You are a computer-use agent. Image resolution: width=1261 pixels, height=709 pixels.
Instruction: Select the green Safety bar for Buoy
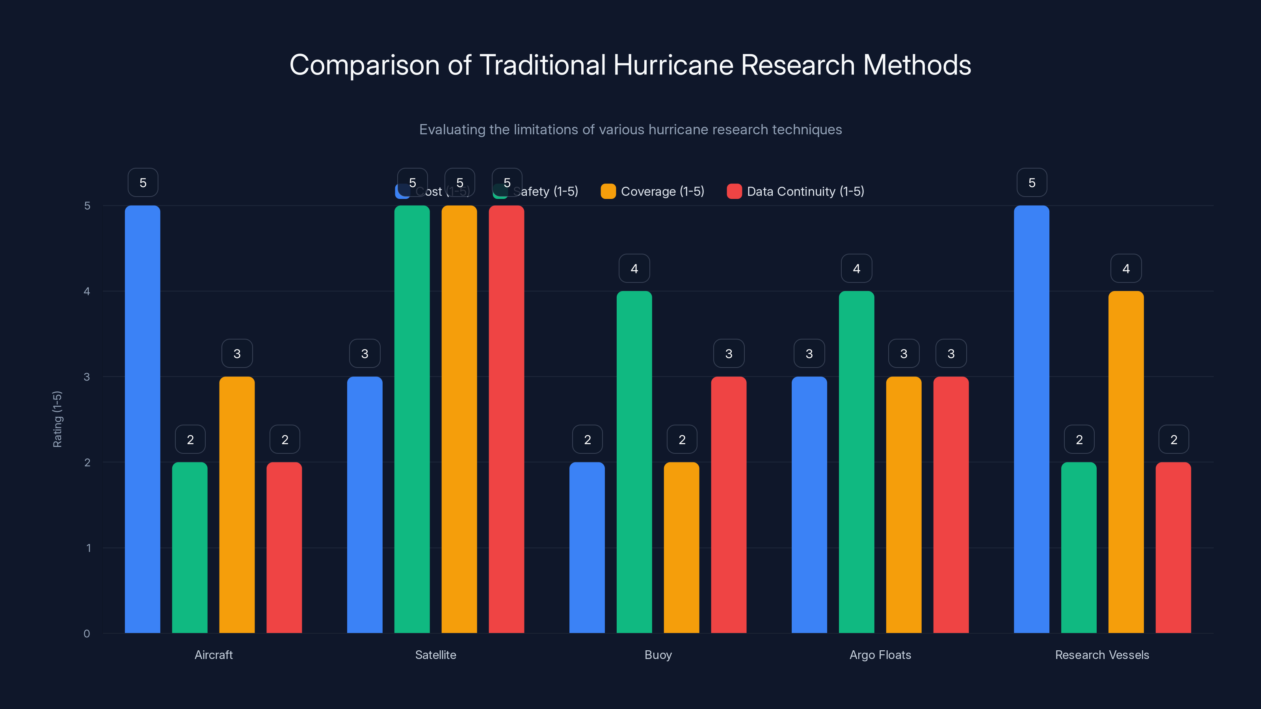pyautogui.click(x=634, y=462)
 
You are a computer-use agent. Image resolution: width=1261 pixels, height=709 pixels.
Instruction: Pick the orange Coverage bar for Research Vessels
pyautogui.click(x=1126, y=462)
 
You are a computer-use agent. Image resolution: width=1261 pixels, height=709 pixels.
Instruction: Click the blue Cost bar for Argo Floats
pyautogui.click(x=809, y=505)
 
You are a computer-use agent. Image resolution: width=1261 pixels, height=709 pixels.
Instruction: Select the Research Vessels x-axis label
pyautogui.click(x=1101, y=655)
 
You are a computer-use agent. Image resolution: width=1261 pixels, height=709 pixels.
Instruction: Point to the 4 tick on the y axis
pyautogui.click(x=87, y=291)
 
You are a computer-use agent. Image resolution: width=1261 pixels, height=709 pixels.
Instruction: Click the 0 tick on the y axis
pyautogui.click(x=87, y=634)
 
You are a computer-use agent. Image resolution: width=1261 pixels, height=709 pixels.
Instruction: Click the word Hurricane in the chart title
pyautogui.click(x=673, y=65)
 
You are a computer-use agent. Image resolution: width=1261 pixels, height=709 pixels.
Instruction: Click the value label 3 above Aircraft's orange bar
pyautogui.click(x=237, y=353)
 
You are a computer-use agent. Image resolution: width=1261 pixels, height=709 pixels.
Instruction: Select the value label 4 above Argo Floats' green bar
pyautogui.click(x=856, y=268)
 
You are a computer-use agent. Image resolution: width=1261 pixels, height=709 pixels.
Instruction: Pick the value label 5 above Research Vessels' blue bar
pyautogui.click(x=1031, y=182)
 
